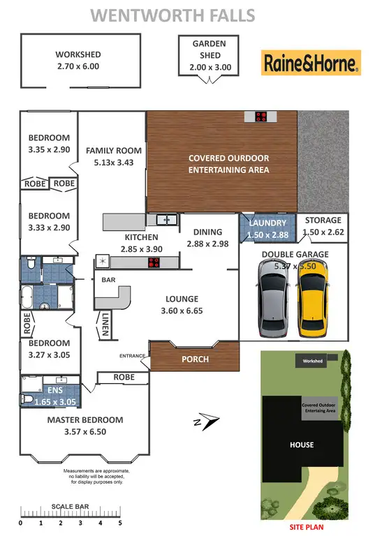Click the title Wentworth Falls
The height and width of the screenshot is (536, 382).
point(174,15)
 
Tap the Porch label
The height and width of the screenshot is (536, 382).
point(194,359)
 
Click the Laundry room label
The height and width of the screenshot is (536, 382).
point(268,223)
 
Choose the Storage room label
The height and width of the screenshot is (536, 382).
point(323,221)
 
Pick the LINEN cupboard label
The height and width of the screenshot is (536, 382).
point(104,325)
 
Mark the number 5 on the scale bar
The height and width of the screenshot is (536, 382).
point(119,522)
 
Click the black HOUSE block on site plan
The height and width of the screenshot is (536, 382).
point(302,445)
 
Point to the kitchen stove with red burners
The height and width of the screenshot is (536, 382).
point(154,262)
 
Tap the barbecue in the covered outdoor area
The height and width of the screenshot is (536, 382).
point(261,117)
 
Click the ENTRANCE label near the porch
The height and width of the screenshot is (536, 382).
point(133,356)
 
